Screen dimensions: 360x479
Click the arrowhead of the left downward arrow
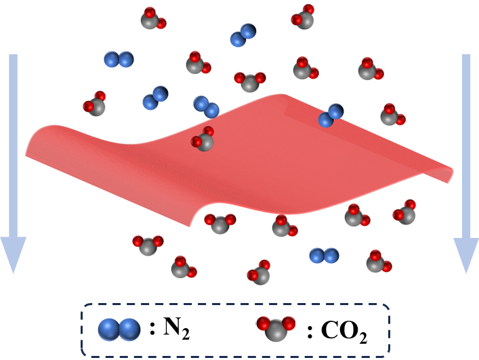point(13,252)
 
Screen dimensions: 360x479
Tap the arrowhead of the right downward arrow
point(466,253)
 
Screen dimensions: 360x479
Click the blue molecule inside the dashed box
point(119,329)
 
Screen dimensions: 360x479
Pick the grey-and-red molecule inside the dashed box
point(276,329)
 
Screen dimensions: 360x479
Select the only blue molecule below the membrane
point(324,256)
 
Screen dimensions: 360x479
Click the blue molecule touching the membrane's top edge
point(331,115)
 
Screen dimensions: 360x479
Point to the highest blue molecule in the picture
point(243,35)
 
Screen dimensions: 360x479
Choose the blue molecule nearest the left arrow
point(119,60)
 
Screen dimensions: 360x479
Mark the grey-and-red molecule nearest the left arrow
point(95,105)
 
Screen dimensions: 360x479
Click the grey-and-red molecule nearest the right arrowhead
point(404,213)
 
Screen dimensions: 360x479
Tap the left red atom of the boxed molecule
point(264,324)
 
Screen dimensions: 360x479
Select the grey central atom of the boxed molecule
point(276,332)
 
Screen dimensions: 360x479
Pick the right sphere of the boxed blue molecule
point(129,329)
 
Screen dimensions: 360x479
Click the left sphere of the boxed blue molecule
point(108,329)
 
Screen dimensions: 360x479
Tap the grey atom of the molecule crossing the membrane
point(205,142)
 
